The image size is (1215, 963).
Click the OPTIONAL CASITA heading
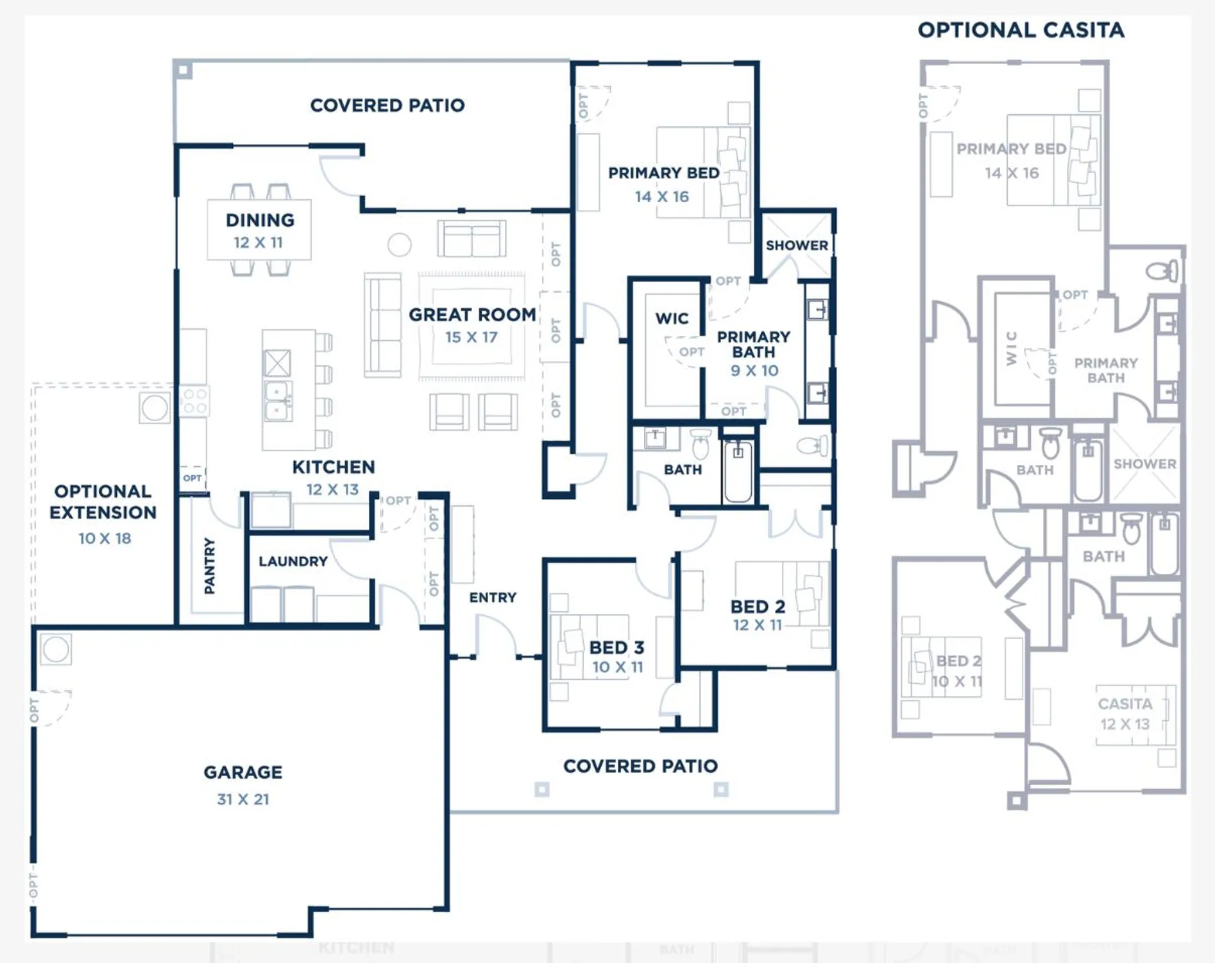tap(1021, 30)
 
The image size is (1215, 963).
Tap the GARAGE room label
tap(242, 772)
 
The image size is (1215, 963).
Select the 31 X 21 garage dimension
tap(242, 799)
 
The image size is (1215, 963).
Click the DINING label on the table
tap(260, 220)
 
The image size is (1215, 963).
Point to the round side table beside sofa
tap(399, 245)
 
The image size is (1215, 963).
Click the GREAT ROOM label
tap(472, 315)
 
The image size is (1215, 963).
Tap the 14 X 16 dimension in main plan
tap(661, 197)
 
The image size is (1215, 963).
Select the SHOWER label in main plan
tap(797, 245)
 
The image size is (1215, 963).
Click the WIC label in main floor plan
tap(672, 318)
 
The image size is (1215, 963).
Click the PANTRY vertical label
tap(210, 566)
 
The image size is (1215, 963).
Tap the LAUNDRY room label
tap(293, 561)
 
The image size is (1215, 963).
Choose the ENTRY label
tap(493, 598)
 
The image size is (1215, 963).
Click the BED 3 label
tap(616, 647)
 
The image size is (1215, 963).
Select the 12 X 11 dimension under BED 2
tap(758, 625)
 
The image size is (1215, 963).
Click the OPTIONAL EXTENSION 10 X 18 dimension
tap(105, 539)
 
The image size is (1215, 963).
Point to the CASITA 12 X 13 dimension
tap(1125, 724)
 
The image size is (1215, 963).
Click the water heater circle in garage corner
tap(56, 649)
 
